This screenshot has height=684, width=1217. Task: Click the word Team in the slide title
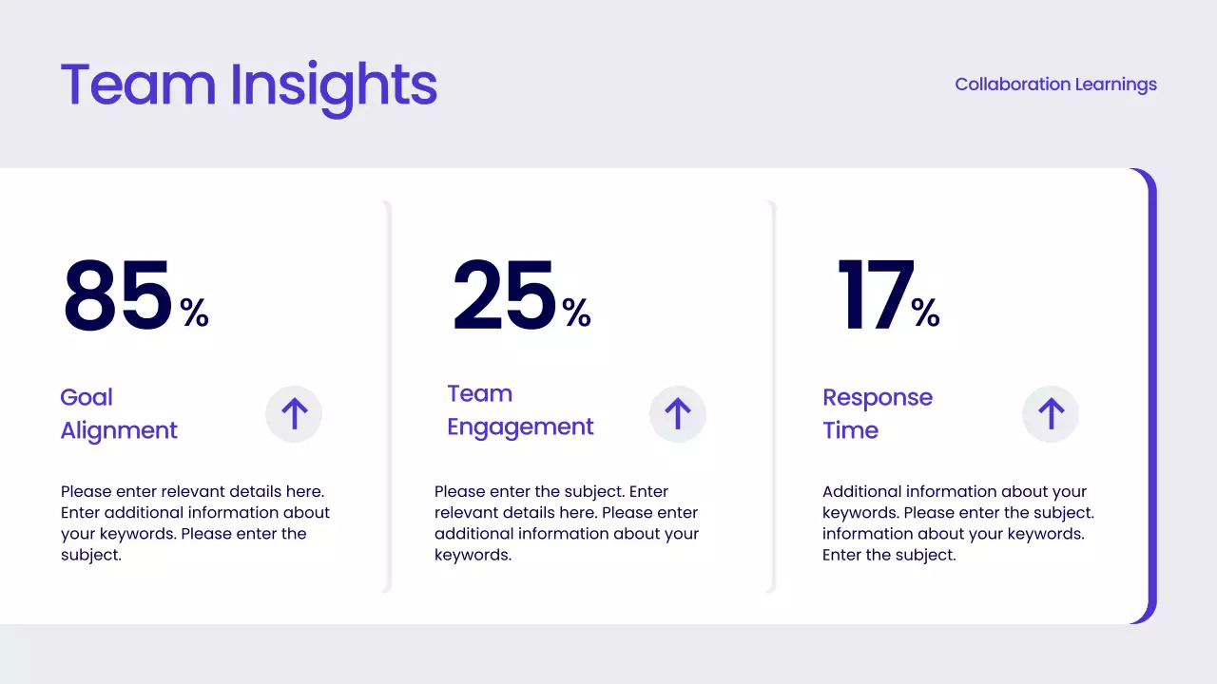coord(139,85)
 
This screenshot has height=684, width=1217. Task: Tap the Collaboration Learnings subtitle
coord(1055,85)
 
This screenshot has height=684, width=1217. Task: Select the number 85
coord(118,296)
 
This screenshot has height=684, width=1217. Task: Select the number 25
coord(504,296)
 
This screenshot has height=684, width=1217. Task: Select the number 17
coord(875,296)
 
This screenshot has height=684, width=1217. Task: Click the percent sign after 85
coord(195,313)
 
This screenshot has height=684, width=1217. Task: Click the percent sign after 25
coord(577,313)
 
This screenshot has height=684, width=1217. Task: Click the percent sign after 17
coord(926,313)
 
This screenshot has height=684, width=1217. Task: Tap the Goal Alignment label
coord(119,414)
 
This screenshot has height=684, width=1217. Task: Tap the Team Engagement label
coord(520,410)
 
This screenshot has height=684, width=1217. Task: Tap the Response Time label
coord(877,414)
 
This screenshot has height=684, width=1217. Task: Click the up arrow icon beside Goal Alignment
coord(294,414)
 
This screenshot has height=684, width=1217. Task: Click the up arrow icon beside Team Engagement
coord(677,414)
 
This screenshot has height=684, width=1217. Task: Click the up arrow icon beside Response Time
coord(1051,414)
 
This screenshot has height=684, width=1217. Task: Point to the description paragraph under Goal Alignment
coord(195,523)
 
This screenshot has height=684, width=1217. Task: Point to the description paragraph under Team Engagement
coord(567,523)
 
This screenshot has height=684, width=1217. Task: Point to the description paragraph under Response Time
coord(957,523)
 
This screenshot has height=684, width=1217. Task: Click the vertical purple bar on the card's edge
coord(1152,396)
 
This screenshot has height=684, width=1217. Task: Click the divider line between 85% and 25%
coord(388,396)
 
